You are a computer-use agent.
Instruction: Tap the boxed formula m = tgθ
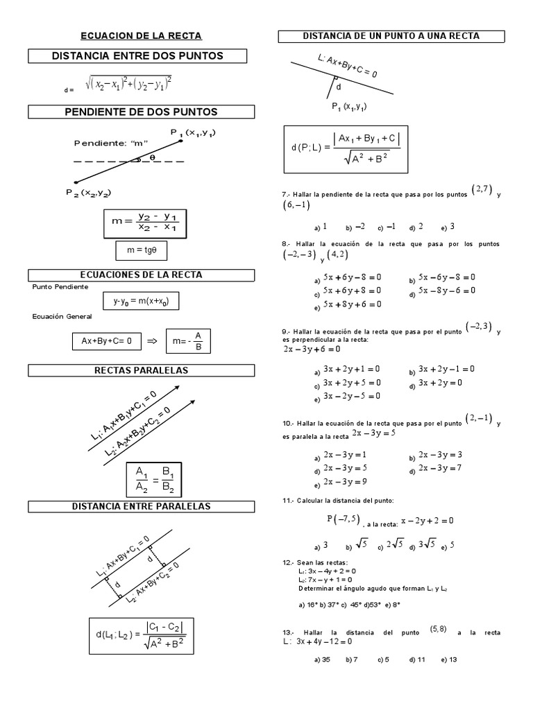click(141, 250)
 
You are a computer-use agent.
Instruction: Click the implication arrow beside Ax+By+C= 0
click(153, 341)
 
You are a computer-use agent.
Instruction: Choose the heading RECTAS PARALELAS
click(141, 371)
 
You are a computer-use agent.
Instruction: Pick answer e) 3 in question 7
click(448, 227)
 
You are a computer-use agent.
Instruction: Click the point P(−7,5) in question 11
click(344, 519)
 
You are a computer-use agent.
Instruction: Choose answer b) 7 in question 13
click(351, 659)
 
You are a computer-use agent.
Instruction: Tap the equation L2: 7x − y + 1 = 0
click(325, 580)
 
